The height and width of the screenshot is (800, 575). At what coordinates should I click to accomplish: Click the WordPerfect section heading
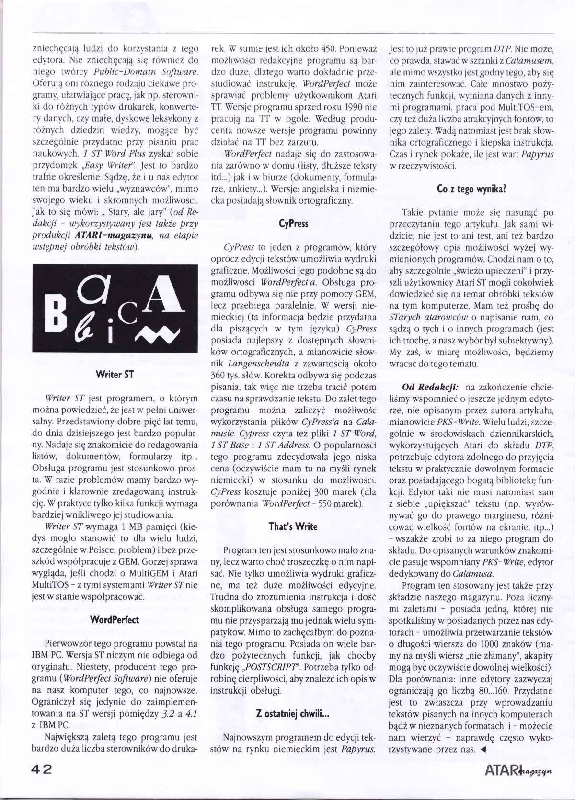pyautogui.click(x=115, y=619)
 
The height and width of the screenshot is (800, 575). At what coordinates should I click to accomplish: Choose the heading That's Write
pyautogui.click(x=293, y=526)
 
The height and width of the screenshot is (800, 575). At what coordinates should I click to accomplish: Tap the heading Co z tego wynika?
pyautogui.click(x=471, y=188)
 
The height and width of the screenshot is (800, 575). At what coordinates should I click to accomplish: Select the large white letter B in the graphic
pyautogui.click(x=57, y=313)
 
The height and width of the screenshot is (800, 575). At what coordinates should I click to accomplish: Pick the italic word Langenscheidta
pyautogui.click(x=258, y=364)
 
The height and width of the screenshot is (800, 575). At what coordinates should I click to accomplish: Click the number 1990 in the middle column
pyautogui.click(x=354, y=107)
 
